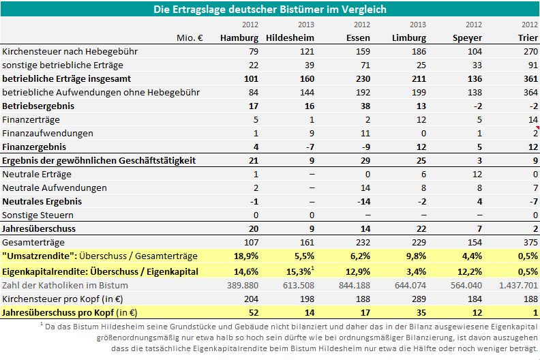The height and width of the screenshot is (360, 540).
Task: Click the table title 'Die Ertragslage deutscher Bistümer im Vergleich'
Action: [x=270, y=10]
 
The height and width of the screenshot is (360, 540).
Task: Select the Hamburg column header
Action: [x=239, y=38]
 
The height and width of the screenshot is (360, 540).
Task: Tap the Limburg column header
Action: [x=409, y=38]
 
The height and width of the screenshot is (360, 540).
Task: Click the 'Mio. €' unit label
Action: [x=190, y=38]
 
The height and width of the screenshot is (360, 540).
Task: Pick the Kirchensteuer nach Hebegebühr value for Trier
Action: [x=530, y=51]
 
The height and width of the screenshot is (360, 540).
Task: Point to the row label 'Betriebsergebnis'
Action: [x=38, y=106]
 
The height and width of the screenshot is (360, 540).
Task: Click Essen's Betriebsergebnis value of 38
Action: [x=365, y=106]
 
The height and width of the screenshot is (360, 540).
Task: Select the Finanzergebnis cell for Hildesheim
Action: [x=310, y=147]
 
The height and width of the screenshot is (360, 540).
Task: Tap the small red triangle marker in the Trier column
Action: [x=537, y=127]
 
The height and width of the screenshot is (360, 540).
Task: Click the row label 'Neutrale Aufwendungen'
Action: [x=55, y=187]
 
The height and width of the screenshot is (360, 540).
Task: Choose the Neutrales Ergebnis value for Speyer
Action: [x=479, y=202]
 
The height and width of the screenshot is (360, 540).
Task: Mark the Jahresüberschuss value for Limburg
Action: [x=421, y=228]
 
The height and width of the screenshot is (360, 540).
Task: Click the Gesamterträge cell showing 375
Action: [x=530, y=243]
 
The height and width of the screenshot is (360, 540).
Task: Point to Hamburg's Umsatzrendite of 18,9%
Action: [x=246, y=256]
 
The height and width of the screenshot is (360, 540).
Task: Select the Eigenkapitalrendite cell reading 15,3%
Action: [x=299, y=271]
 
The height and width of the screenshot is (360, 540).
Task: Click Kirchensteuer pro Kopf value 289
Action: [x=419, y=299]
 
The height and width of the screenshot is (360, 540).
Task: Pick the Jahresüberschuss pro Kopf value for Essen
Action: [x=365, y=312]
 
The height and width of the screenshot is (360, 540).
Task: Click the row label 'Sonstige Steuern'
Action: [x=38, y=215]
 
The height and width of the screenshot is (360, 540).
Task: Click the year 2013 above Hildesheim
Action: [x=306, y=25]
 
